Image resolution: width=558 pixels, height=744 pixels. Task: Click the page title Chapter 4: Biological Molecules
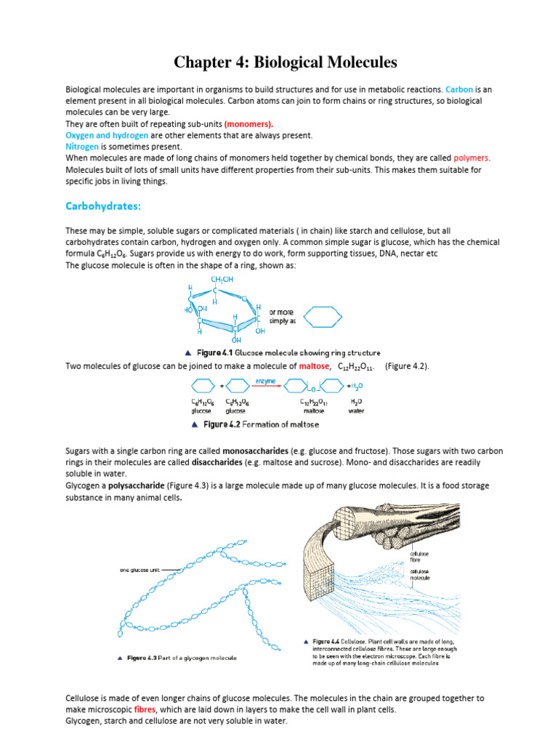(x=279, y=62)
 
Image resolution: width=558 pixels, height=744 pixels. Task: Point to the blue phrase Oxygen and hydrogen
(x=107, y=135)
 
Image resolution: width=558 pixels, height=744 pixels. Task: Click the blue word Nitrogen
(x=82, y=146)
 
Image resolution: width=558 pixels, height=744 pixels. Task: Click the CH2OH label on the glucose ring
(x=222, y=280)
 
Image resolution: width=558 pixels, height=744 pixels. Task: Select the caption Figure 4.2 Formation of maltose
(x=260, y=424)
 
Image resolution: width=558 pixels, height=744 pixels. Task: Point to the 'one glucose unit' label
(x=141, y=570)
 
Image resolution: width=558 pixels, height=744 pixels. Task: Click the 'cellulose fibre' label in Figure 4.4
(x=421, y=556)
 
